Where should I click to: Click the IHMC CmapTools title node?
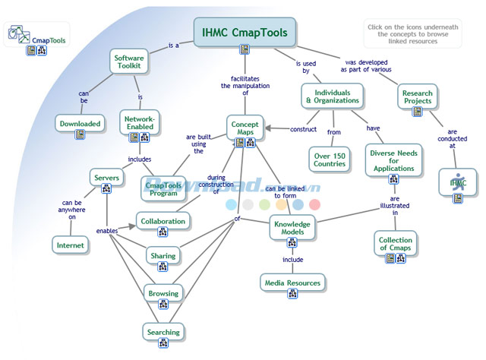point(245,33)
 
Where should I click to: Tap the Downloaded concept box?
point(80,124)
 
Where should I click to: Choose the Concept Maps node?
point(245,127)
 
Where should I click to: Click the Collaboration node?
point(163,221)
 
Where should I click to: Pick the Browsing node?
point(163,294)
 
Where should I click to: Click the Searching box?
point(163,332)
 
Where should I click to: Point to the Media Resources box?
point(292,283)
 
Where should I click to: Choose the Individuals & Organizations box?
point(333,96)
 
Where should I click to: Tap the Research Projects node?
point(417,96)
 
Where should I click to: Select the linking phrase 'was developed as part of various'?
point(372,66)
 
